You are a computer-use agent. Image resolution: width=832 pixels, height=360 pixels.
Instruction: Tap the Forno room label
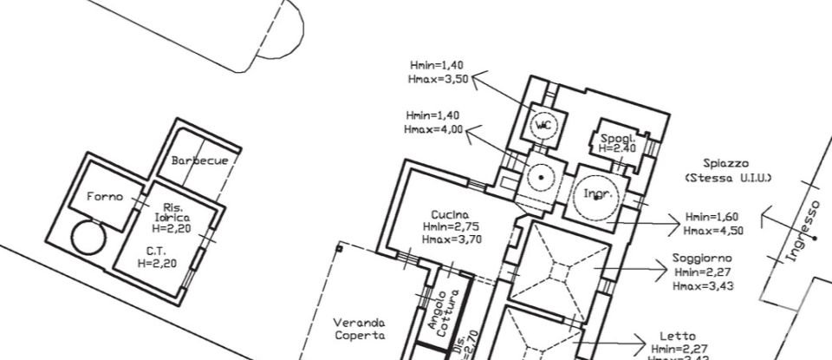[105, 197]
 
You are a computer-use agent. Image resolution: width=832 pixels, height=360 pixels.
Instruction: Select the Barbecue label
[199, 160]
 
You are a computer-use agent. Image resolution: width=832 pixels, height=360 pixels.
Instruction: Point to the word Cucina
[450, 214]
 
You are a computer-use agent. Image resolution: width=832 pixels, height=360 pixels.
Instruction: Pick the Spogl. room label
[618, 139]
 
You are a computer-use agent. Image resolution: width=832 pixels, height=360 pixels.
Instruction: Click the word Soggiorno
[702, 259]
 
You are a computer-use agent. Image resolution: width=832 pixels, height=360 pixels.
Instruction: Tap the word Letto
[677, 337]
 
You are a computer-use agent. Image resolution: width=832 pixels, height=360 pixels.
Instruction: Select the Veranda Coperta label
[360, 329]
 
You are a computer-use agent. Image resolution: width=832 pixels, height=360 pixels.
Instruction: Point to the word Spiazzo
[726, 164]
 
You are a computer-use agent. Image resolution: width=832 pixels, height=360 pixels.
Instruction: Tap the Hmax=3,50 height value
[438, 78]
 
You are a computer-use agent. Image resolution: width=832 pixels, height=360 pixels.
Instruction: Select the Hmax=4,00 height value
[434, 129]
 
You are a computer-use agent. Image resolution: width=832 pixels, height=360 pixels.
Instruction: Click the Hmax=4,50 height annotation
[713, 230]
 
